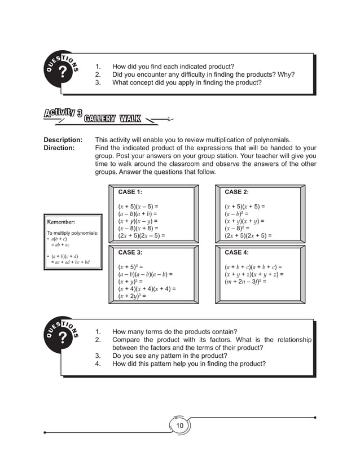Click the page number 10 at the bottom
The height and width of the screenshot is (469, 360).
click(x=181, y=425)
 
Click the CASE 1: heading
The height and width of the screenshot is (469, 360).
click(x=130, y=192)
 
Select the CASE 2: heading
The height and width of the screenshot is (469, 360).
click(x=236, y=192)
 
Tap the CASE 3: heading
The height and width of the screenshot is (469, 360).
click(x=130, y=252)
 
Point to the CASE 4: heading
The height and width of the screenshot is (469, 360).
click(x=236, y=252)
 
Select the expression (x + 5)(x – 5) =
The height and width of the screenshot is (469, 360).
click(x=138, y=207)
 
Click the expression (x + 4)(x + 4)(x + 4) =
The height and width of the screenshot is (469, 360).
click(x=147, y=288)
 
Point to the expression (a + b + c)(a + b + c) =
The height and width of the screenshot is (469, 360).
click(x=253, y=267)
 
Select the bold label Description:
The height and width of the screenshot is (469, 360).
click(x=63, y=140)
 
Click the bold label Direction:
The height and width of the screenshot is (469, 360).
click(x=59, y=148)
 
